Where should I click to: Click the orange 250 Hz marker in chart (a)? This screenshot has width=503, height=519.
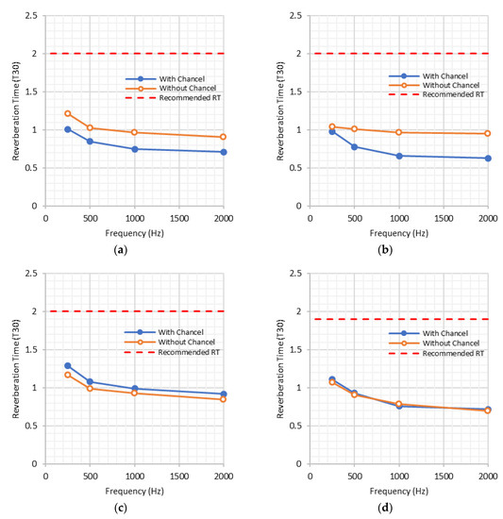(x=68, y=113)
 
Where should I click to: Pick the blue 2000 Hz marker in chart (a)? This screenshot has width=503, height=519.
(x=224, y=152)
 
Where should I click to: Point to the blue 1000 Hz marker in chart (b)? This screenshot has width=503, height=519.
(x=399, y=156)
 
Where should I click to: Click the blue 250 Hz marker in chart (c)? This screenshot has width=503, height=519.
(x=68, y=366)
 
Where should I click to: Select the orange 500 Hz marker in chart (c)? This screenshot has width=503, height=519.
(x=90, y=388)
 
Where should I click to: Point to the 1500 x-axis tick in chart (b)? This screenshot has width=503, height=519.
(x=444, y=216)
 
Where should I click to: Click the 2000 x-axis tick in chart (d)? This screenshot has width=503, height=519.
(x=488, y=475)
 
